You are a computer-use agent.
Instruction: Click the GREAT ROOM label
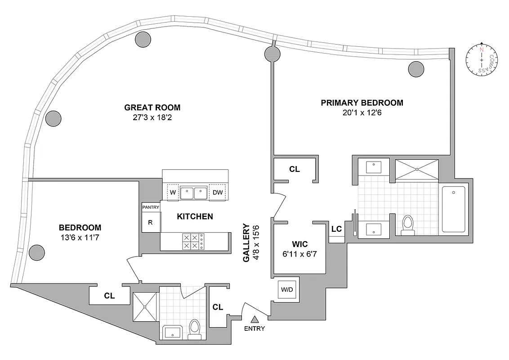[152, 108]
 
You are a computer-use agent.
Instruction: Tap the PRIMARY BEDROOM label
[362, 103]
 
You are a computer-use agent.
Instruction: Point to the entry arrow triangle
[254, 319]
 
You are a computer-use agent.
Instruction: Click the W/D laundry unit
[287, 289]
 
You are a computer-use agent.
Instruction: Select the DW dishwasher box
[218, 193]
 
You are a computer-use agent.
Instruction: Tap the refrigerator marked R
[151, 222]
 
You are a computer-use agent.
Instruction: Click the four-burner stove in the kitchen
[192, 242]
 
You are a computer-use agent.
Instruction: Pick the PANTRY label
[151, 207]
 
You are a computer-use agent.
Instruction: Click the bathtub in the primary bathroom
[454, 210]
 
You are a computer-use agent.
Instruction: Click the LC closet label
[336, 229]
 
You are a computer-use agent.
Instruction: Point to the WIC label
[299, 244]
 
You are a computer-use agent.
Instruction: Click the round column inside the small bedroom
[36, 252]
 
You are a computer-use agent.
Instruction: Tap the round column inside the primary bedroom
[416, 69]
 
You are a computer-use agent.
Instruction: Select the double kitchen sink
[193, 193]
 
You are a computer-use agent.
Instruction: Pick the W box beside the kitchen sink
[173, 193]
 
